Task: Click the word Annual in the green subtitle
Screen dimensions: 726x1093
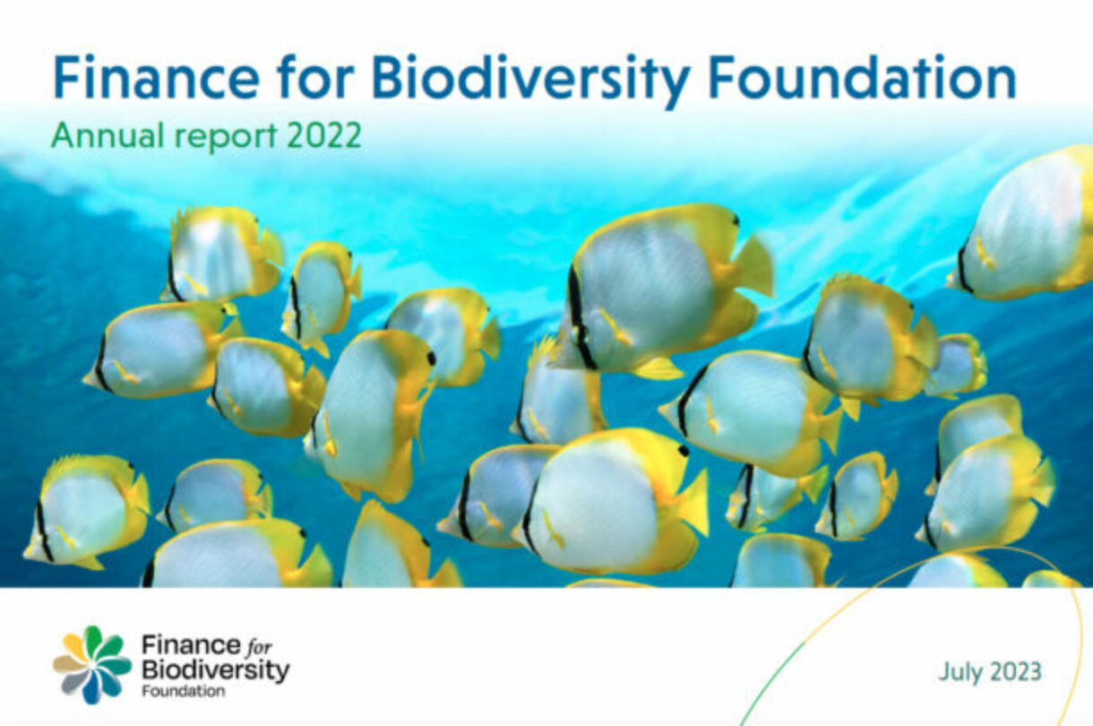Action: click(x=95, y=136)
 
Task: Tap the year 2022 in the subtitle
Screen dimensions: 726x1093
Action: click(x=324, y=136)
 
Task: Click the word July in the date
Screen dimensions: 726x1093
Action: click(x=960, y=671)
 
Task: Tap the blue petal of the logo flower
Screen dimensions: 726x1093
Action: click(x=91, y=687)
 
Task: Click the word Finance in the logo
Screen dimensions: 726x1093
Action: click(x=177, y=644)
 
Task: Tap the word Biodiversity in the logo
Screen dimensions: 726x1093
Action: click(x=215, y=669)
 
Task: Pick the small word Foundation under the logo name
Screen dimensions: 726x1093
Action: click(x=183, y=691)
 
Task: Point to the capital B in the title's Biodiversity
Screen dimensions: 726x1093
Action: click(x=386, y=79)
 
